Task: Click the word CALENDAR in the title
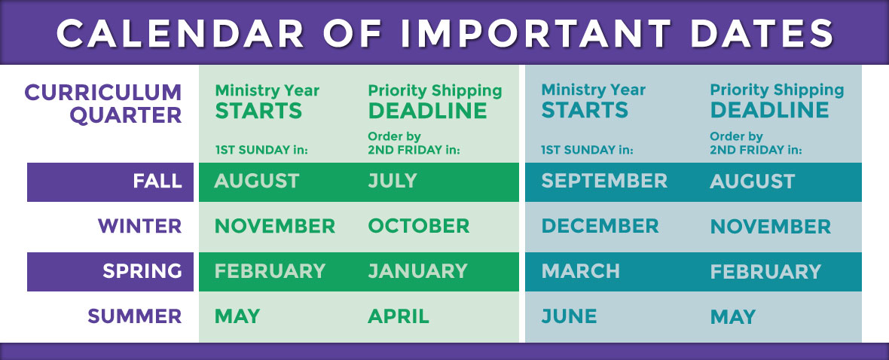181,33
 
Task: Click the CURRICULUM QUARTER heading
103,104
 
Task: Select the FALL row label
157,182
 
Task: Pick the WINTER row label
139,226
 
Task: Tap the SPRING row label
142,271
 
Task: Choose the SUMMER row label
134,316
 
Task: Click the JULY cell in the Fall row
393,181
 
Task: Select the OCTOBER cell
419,226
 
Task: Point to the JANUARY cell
418,271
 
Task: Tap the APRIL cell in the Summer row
399,316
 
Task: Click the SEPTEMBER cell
604,181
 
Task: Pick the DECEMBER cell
600,226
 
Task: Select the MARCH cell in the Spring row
581,271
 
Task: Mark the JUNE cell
570,316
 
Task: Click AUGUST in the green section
257,181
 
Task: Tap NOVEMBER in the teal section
771,227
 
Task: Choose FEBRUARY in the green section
270,271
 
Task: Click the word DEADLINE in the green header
427,111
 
